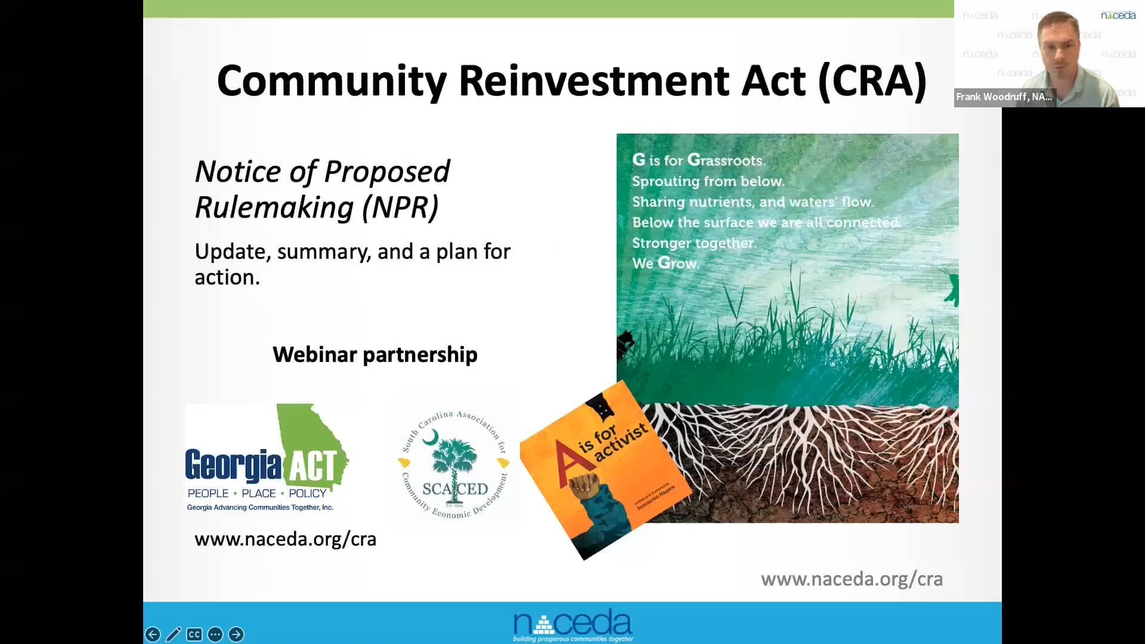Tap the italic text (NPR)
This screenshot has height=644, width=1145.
pos(400,208)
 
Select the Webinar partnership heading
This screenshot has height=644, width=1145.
pos(375,354)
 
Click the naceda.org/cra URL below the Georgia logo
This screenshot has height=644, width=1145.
pos(285,539)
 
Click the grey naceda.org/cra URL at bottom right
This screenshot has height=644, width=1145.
pos(851,579)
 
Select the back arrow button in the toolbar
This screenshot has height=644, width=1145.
pos(153,634)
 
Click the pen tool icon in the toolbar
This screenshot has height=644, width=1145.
pos(174,634)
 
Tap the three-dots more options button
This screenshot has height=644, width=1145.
pos(215,634)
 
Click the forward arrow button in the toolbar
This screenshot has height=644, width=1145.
pos(236,634)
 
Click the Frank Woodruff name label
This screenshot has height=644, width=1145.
pos(1004,97)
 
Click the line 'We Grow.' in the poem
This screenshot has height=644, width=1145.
pos(666,263)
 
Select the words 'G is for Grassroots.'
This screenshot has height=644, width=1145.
pos(698,160)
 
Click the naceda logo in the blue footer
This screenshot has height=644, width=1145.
pos(572,624)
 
